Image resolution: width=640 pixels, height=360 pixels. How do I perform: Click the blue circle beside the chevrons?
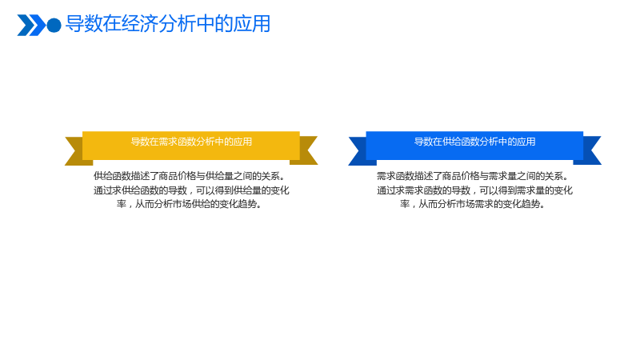[x=54, y=26]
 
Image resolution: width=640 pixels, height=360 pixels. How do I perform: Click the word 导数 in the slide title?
[x=84, y=24]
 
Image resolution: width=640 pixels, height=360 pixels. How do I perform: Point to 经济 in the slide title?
[x=139, y=24]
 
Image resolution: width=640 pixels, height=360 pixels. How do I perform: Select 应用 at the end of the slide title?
[x=252, y=24]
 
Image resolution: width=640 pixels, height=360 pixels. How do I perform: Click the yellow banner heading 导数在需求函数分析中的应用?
[x=191, y=142]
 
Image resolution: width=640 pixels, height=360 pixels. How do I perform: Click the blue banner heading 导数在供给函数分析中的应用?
[x=474, y=142]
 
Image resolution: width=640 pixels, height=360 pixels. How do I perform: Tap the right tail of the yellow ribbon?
[x=306, y=150]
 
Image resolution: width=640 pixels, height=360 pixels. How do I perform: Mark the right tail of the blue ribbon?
[x=590, y=150]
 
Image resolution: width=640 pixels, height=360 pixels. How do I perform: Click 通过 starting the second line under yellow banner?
[x=103, y=190]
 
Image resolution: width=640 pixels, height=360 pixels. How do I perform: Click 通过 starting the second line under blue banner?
[x=386, y=190]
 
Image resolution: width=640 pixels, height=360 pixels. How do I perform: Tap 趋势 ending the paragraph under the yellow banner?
[x=248, y=204]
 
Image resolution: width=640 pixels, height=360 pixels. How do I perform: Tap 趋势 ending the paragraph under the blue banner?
[x=531, y=204]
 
